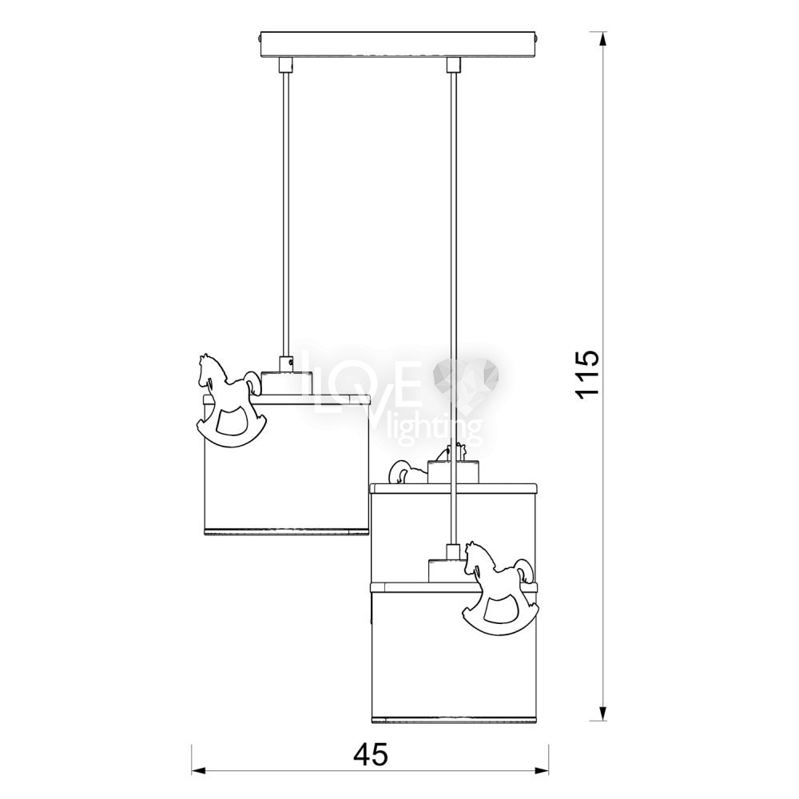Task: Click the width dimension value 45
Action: click(x=371, y=754)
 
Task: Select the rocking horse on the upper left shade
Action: click(x=231, y=401)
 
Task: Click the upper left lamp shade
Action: click(x=286, y=464)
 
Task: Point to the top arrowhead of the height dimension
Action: click(x=602, y=38)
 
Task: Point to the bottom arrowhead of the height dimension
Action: click(x=602, y=714)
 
